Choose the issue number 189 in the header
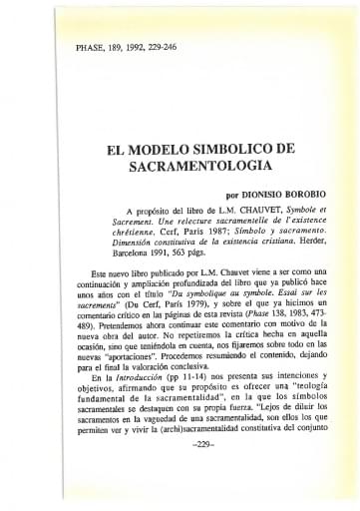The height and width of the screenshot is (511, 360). [123, 47]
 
